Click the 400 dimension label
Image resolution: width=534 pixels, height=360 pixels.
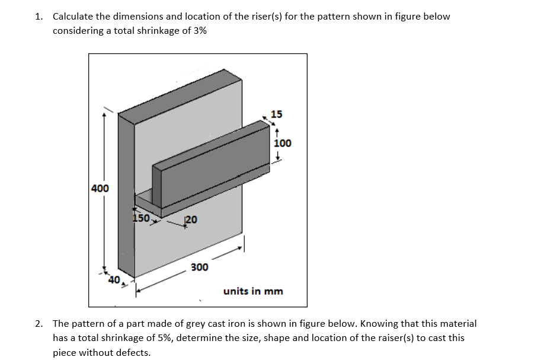tap(100, 189)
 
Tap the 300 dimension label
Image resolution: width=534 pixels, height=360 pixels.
tap(199, 267)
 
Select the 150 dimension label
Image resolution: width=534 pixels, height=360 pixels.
tap(140, 218)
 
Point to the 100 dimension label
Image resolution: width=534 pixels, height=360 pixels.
tap(283, 143)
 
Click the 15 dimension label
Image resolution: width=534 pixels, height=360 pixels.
tap(276, 114)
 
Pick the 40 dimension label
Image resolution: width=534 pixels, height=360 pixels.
tap(113, 279)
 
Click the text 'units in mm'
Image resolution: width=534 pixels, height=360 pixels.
tap(253, 291)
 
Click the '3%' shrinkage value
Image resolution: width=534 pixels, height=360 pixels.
tap(200, 30)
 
